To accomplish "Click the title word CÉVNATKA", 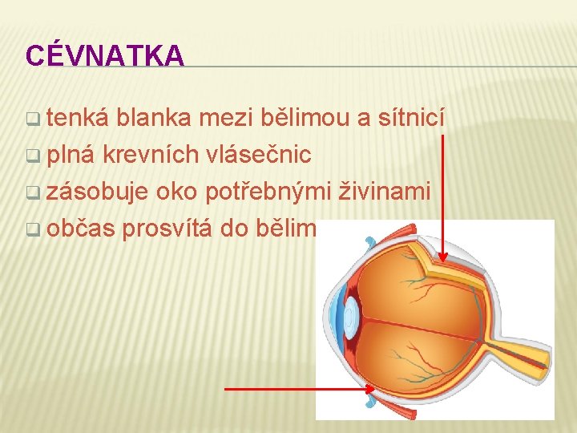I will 104,55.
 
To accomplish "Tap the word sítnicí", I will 410,119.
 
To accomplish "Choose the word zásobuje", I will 98,192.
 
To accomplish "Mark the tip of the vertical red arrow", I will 443,262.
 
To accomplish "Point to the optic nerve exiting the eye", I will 521,353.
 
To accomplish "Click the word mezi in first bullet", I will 226,119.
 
